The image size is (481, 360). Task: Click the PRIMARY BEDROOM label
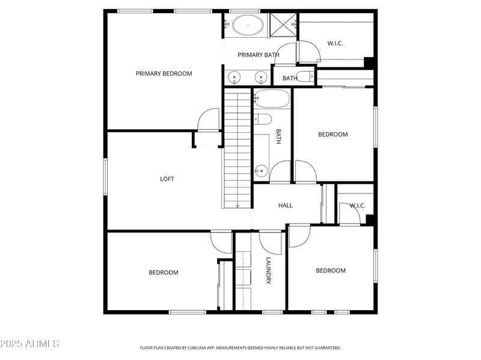[164, 73]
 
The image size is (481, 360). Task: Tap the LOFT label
[167, 179]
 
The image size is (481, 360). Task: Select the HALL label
[285, 206]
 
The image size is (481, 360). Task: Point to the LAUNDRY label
[269, 270]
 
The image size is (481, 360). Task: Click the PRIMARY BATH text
[259, 55]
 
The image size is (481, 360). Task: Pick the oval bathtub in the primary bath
[248, 26]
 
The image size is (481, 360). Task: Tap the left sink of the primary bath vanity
[234, 77]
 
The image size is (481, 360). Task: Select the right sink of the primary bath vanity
[261, 77]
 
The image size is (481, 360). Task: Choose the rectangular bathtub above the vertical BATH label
[272, 98]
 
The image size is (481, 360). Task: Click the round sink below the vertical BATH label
[261, 170]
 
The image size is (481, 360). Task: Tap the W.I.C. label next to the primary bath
[335, 43]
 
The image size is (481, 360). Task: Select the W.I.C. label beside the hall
[357, 206]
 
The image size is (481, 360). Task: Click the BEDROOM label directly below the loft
[164, 273]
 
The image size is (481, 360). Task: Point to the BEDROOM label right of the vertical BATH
[332, 135]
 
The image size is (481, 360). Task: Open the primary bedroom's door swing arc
[209, 118]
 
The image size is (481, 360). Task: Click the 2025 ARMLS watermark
[29, 344]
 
